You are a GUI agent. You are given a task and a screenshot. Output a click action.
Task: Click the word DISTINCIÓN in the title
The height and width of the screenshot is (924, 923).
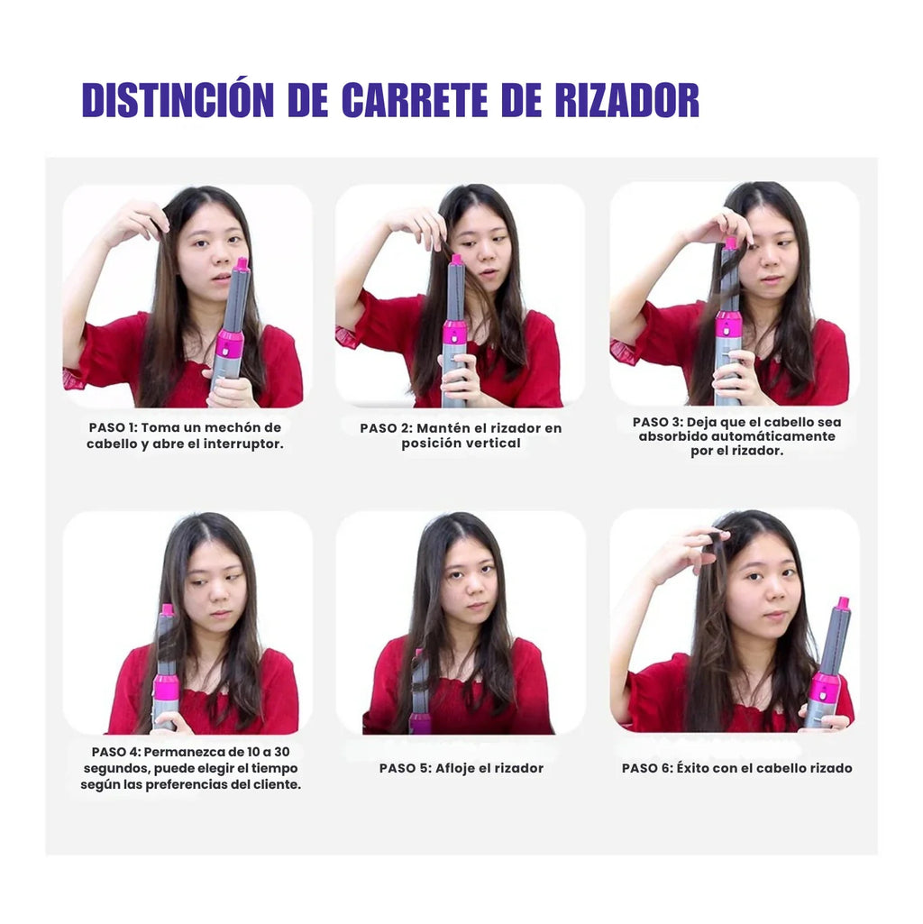(x=178, y=99)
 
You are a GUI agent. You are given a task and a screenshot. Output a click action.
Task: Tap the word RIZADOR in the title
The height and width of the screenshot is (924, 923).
(x=627, y=100)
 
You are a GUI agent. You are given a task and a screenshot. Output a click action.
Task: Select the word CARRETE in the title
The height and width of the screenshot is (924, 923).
(x=415, y=100)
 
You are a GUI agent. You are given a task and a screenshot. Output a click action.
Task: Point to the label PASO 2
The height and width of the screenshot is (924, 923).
(x=385, y=428)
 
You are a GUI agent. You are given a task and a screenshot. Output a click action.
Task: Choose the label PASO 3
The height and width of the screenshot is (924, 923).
(x=657, y=423)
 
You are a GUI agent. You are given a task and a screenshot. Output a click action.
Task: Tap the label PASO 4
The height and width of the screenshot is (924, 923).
(x=115, y=753)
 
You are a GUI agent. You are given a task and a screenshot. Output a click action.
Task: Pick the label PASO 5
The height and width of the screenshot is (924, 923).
(x=405, y=768)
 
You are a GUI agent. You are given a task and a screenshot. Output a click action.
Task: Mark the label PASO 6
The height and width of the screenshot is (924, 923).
(x=647, y=768)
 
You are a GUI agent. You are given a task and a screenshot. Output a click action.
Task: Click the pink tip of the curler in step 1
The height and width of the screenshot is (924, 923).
(x=242, y=263)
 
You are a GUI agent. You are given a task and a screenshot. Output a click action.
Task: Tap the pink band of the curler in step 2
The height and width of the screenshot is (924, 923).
(x=455, y=333)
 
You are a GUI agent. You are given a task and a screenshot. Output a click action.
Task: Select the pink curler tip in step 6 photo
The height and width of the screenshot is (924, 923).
(x=843, y=603)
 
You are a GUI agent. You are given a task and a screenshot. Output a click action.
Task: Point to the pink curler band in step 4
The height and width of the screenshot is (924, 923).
(x=165, y=690)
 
